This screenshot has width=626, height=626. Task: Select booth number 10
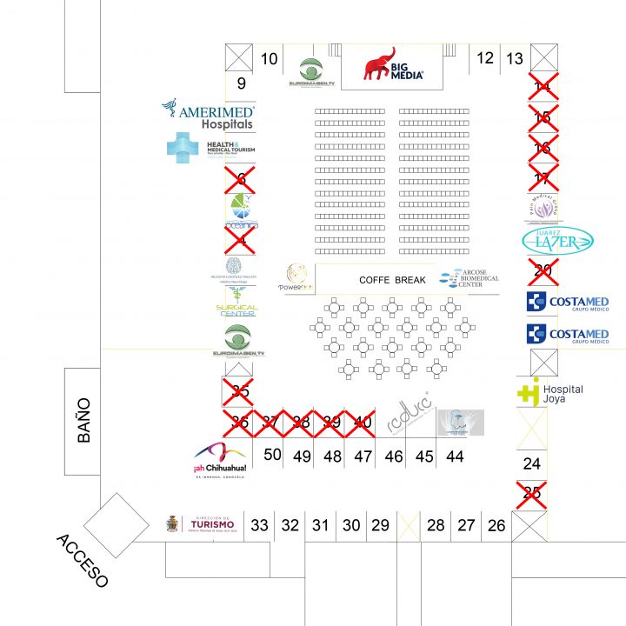coord(270,59)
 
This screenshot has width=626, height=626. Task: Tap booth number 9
coord(241,84)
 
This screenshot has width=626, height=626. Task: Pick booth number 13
coord(515,59)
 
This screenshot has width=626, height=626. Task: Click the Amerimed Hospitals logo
coord(209,113)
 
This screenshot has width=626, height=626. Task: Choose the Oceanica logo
coord(240,212)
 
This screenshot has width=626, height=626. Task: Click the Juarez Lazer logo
coord(557,242)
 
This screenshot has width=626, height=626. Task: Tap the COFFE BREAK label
coord(392,280)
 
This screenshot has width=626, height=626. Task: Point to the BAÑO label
coord(83,421)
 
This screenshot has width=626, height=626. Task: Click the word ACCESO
coord(83,560)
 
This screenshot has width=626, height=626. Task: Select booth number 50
coord(273,455)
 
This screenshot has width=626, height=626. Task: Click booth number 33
coord(259,525)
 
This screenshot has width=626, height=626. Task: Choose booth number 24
coord(531,463)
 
